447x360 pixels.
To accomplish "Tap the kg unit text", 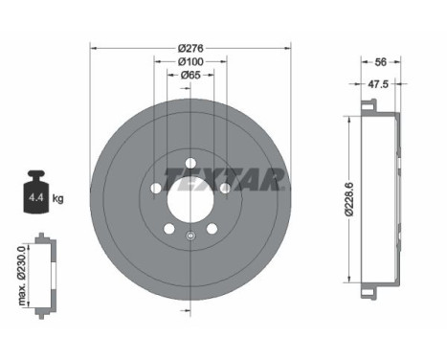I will click(x=58, y=199).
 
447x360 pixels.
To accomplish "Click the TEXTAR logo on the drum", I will click(x=223, y=178).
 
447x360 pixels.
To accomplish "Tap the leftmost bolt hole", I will click(x=153, y=188).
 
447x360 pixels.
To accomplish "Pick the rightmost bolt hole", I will click(x=226, y=188).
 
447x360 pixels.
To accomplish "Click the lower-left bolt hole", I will click(x=168, y=230).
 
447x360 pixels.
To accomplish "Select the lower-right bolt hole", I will click(x=212, y=230).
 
